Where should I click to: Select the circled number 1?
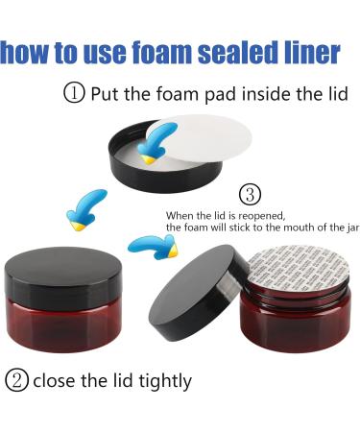pos(75,94)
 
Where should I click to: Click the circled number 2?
pos(16,380)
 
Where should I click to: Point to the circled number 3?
pos(249,195)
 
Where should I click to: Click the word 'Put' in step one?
pos(105,94)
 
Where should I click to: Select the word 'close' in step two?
pos(54,381)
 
